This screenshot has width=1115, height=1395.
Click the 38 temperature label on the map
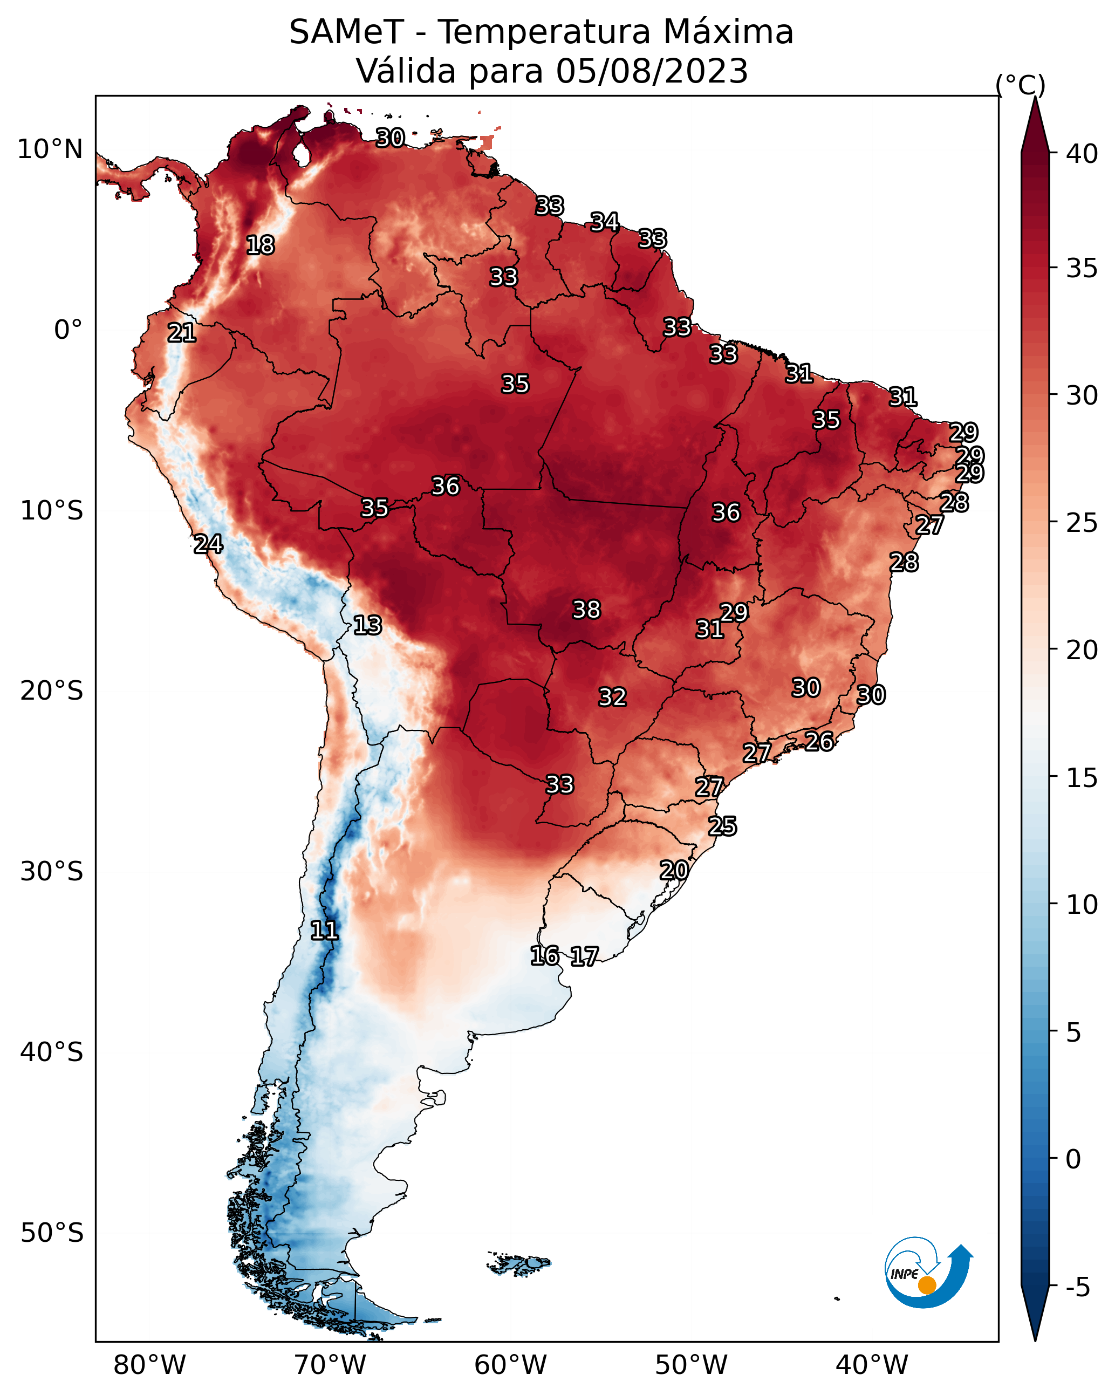586,610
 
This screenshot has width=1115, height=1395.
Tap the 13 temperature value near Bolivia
367,625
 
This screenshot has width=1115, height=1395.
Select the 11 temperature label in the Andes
324,931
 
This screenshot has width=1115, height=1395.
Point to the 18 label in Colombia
260,245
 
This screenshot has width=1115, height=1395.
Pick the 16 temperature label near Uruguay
545,956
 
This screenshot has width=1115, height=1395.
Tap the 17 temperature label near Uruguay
584,956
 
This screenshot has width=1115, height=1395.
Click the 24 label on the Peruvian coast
208,544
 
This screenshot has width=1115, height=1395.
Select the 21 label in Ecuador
182,333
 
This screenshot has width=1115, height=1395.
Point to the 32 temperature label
612,697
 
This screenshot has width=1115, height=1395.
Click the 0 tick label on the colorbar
1073,1159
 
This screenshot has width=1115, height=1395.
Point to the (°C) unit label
1020,85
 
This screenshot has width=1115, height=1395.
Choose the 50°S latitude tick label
52,1233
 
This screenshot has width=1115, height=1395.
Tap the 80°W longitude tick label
149,1365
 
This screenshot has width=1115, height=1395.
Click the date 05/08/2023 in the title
652,71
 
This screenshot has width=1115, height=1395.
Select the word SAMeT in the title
346,32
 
